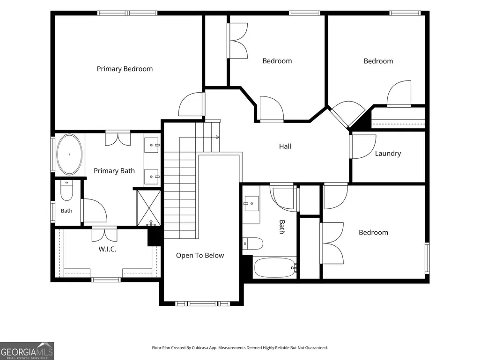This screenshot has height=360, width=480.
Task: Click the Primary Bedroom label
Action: tap(125, 69)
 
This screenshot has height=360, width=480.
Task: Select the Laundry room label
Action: tap(388, 154)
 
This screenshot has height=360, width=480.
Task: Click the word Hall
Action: tap(285, 147)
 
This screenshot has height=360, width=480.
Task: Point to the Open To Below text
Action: tap(200, 255)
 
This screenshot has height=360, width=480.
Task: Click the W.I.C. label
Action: tap(107, 249)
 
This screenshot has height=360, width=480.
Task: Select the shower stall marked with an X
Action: tap(148, 208)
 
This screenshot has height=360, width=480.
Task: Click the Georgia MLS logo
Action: tap(27, 351)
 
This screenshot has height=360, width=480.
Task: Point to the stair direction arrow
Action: tap(199, 137)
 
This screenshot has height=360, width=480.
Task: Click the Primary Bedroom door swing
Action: tap(192, 104)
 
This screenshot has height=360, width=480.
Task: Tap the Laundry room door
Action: tap(363, 147)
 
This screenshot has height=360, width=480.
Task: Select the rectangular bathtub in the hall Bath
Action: tap(274, 268)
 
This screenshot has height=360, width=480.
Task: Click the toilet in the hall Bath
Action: tap(253, 244)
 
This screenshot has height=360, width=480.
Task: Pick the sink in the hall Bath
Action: tap(251, 204)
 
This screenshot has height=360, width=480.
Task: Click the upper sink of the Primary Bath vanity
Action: tap(152, 145)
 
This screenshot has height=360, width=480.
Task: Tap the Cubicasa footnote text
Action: tap(240, 348)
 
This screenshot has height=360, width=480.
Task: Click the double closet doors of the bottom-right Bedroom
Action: tap(332, 243)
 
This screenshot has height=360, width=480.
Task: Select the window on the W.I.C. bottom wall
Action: tap(106, 279)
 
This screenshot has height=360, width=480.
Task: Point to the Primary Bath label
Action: tap(114, 171)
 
